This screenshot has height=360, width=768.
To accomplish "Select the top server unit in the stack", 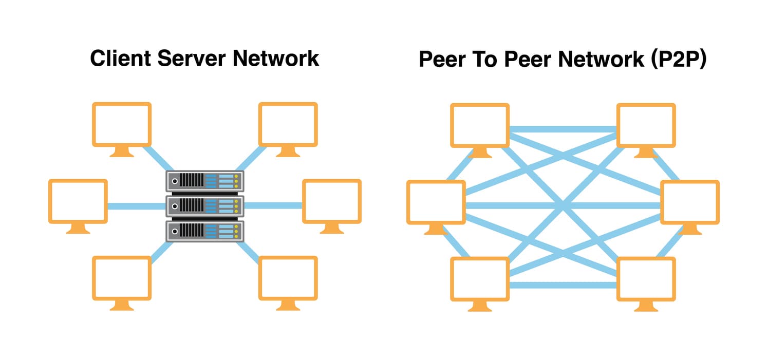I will pos(204,181).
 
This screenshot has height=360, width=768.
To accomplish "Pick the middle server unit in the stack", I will pos(204,206).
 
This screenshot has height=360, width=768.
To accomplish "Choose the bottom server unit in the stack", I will pos(204,231).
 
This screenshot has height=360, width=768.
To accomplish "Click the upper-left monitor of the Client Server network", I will pos(122,124).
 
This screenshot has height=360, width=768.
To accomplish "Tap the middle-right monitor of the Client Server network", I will pos(332,201).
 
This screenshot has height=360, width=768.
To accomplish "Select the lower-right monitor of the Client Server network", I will pos(288,278).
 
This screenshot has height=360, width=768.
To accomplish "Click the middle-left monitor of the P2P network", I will pos(436,202).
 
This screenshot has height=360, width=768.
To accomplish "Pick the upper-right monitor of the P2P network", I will pos(646,125).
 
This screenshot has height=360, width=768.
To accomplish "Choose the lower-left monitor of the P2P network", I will pos(480,279).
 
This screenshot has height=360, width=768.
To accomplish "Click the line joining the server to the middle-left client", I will pos(136,206).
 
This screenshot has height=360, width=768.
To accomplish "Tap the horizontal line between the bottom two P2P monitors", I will pos(563,284).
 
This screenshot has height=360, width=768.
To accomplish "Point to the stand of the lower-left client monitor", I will pos(122,306).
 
